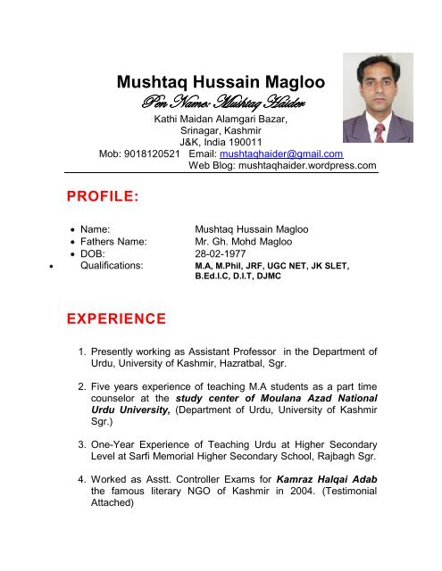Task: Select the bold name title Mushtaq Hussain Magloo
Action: (226, 85)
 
